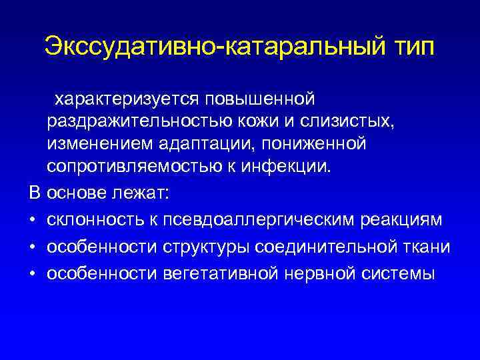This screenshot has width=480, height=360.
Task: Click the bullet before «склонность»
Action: (33, 221)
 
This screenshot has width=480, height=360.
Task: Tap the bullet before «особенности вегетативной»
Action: (33, 274)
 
